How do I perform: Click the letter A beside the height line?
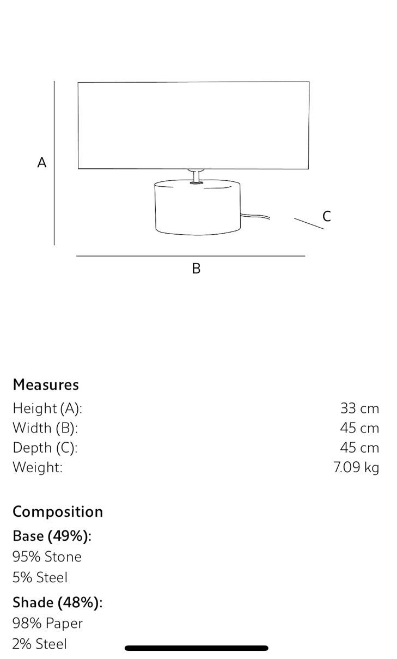(x=42, y=162)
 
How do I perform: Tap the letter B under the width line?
(x=196, y=269)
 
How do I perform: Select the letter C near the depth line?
(x=326, y=216)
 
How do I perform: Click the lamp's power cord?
(x=255, y=216)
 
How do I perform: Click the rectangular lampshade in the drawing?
(x=193, y=125)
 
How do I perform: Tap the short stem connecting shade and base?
(x=196, y=176)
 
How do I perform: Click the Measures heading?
(x=46, y=385)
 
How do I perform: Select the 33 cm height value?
(x=359, y=408)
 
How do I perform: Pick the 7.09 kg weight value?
(x=356, y=467)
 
